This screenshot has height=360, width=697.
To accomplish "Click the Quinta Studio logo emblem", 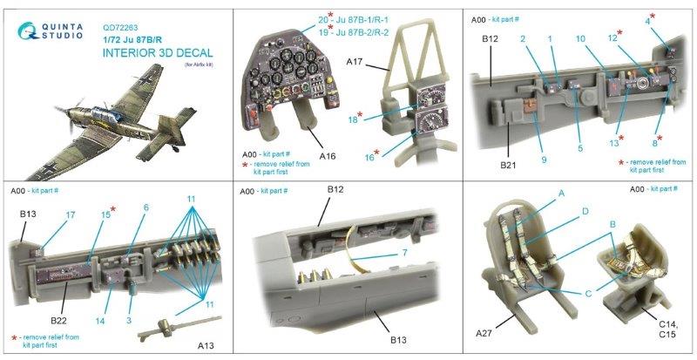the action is pos(29,31).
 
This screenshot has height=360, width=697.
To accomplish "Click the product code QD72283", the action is pos(120,28).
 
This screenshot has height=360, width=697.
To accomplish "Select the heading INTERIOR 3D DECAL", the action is pos(158,53).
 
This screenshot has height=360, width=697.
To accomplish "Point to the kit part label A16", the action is pos(327,156).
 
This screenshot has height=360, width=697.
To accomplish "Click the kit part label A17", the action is pos(355,64).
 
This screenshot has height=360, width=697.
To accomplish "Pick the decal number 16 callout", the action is pos(369,157).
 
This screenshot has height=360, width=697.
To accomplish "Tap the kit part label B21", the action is pos(509,165).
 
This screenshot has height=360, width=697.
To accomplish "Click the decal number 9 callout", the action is pos(544,160).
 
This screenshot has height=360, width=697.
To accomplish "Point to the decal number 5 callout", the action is pos(580,148).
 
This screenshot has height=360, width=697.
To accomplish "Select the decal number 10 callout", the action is pos(580,38).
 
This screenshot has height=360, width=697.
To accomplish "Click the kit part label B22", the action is pos(58,320).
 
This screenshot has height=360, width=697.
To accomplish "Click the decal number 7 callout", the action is pos(404,253).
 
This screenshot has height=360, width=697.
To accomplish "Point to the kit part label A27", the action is pos(485,333).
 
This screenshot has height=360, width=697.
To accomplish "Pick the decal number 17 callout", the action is pos(71,215).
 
